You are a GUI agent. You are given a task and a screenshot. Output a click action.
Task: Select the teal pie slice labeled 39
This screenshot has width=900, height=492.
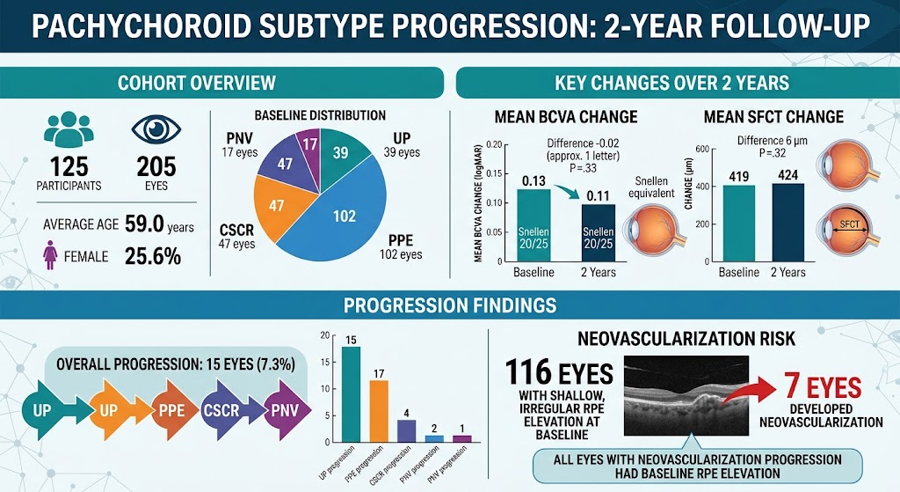coord(341,152)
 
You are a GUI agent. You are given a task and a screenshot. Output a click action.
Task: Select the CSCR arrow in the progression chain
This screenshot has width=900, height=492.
coord(225,410)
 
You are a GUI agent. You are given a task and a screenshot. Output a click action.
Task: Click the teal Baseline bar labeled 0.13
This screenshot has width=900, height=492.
coord(533,225)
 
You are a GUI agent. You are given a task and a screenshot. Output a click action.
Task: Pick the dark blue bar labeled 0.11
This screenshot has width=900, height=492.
coord(598,233)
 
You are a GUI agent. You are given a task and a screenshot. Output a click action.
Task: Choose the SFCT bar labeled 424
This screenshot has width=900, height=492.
coord(788,223)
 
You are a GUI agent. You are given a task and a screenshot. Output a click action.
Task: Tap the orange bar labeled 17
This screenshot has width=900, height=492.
coord(378,411)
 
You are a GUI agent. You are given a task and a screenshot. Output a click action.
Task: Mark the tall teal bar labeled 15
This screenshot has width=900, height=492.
coord(351,394)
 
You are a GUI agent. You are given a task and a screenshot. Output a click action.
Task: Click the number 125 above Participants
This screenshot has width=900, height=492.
coord(69,167)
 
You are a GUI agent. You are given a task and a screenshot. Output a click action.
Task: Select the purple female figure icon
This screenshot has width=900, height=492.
coord(50,254)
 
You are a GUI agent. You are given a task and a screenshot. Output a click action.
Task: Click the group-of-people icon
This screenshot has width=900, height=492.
coord(69,129)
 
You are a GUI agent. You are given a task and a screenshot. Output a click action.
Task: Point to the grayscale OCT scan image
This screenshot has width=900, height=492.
coord(686,392)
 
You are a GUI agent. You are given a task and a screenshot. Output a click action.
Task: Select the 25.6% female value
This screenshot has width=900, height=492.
coord(153,256)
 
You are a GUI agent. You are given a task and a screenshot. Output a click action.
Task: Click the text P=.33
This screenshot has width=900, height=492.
coord(583,168)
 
